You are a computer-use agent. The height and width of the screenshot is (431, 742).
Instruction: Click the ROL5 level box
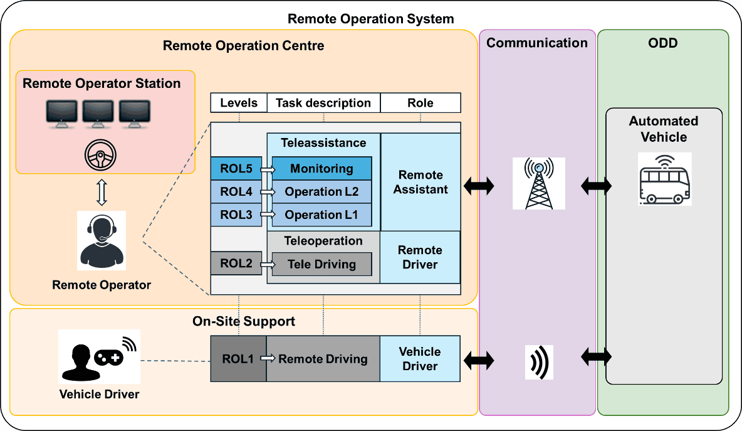click(x=236, y=169)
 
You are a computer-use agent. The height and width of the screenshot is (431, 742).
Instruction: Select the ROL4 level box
click(x=236, y=191)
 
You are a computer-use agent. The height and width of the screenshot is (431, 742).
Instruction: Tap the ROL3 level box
click(x=236, y=215)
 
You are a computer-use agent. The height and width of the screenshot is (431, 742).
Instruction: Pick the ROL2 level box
click(x=236, y=263)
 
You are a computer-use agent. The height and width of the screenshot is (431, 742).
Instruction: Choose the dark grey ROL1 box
click(x=238, y=359)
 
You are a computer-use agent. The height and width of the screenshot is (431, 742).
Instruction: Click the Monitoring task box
click(x=321, y=169)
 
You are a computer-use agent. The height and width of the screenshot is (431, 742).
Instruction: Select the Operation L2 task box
click(x=321, y=191)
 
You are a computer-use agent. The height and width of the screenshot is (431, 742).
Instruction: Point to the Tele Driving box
click(x=321, y=264)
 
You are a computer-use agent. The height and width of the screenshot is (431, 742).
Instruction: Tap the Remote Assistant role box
click(x=421, y=182)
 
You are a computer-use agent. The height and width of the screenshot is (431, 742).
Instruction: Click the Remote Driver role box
click(x=420, y=257)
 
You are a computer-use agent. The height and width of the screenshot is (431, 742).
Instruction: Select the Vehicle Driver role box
click(x=420, y=359)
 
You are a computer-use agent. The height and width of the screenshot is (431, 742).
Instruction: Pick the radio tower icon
click(x=538, y=183)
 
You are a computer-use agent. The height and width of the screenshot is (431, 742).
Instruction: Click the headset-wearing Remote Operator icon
click(x=101, y=240)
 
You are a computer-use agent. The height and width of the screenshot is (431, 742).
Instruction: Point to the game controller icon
click(x=109, y=357)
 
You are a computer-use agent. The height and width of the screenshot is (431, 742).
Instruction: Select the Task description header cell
click(x=323, y=103)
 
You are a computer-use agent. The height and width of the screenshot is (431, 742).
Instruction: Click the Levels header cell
click(x=239, y=103)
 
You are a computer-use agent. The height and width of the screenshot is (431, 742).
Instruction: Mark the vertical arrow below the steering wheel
click(x=102, y=193)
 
